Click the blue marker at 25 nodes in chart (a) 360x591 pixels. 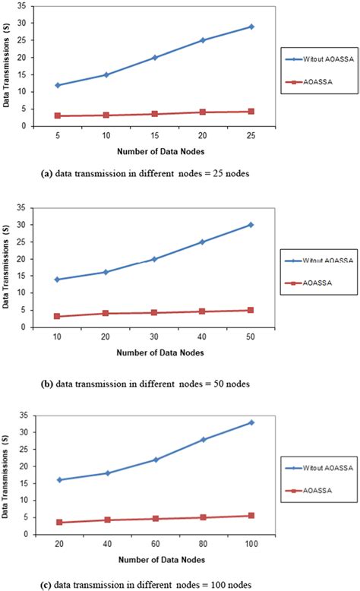251,27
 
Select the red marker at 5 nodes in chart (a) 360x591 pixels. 57,115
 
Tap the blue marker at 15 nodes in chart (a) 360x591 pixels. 154,58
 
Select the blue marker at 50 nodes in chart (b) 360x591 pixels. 251,225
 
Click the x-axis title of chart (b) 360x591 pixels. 154,352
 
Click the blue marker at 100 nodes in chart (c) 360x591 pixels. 251,422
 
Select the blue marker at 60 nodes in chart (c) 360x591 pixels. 154,460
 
